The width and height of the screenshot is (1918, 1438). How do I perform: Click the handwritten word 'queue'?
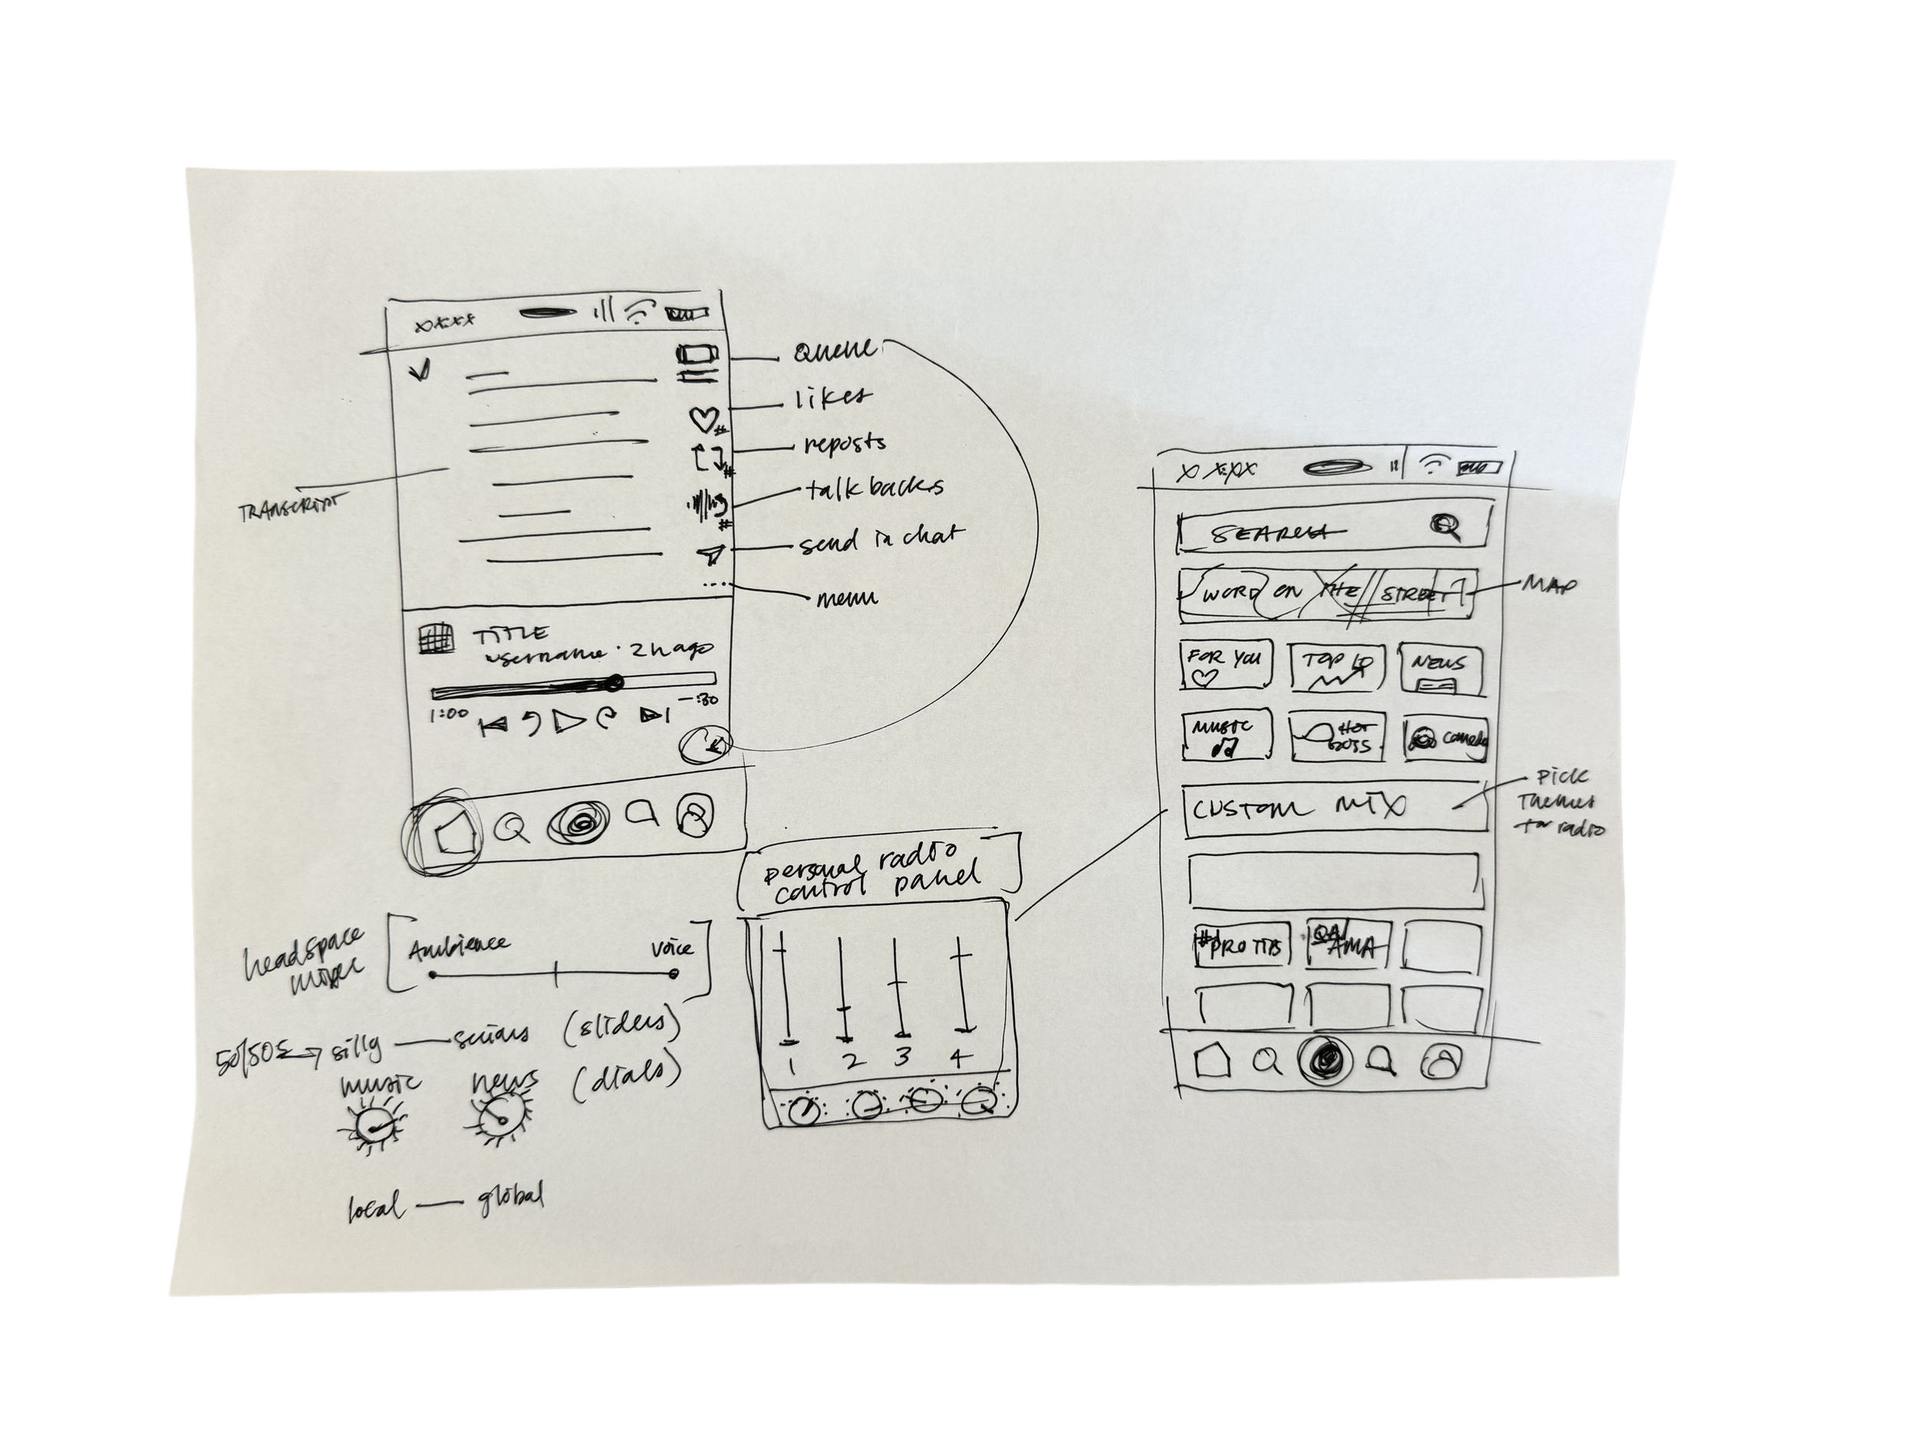(x=834, y=352)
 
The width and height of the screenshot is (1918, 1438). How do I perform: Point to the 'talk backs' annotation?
(x=873, y=489)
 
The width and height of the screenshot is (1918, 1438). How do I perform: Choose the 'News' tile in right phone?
(x=1440, y=670)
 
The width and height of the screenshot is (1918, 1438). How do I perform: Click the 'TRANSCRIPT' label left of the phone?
(x=289, y=508)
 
